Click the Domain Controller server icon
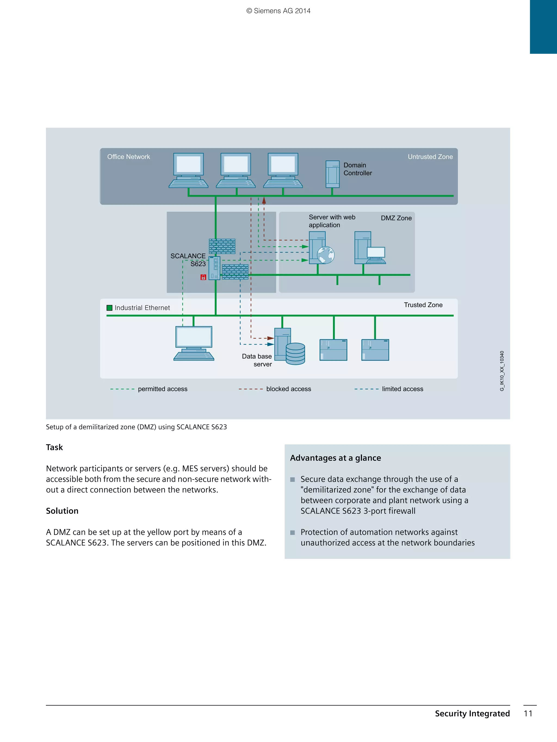pos(332,174)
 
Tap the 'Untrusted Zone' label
pos(430,157)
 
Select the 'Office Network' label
pos(129,157)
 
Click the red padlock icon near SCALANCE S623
pos(203,277)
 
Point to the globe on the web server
pos(326,255)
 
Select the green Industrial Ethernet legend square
pos(109,308)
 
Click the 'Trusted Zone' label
pos(423,305)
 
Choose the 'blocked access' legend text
pos(288,389)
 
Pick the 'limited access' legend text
pos(402,389)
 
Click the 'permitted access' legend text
pos(162,389)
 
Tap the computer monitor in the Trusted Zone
pos(194,337)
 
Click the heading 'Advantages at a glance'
pos(335,458)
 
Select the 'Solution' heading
pos(62,511)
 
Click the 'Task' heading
pos(54,447)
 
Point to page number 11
pos(528,713)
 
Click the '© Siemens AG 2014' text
pos(278,11)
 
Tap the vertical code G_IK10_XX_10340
pos(502,371)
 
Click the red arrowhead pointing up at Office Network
pos(264,201)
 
